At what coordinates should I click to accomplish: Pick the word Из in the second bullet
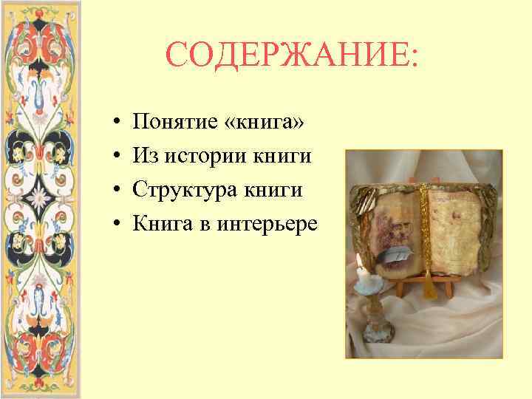pos(143,155)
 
